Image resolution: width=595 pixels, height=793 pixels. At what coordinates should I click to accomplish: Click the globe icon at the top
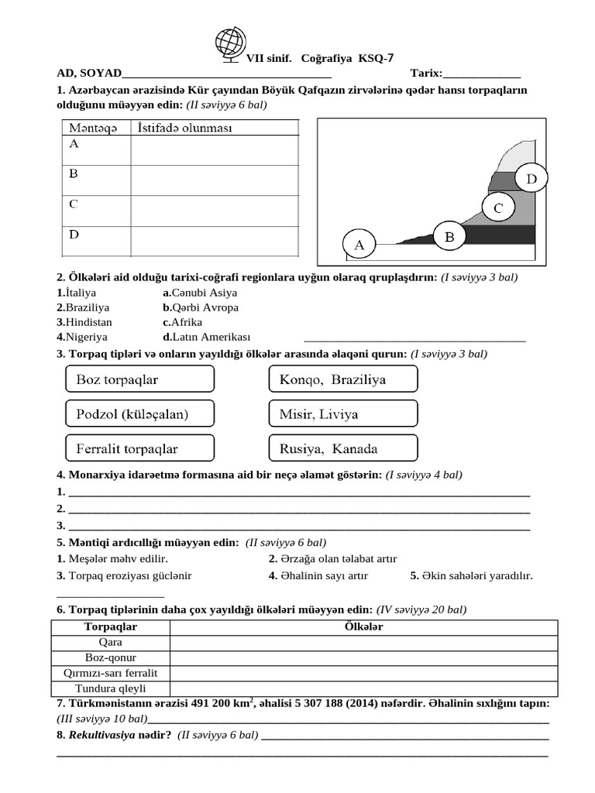pyautogui.click(x=229, y=46)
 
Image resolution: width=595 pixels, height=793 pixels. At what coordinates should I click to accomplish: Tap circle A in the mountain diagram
pyautogui.click(x=359, y=245)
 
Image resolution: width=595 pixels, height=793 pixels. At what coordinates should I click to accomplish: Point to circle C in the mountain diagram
pyautogui.click(x=498, y=208)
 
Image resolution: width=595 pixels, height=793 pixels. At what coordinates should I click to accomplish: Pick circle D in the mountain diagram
pyautogui.click(x=531, y=180)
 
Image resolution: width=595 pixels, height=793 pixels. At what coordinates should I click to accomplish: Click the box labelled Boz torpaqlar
pyautogui.click(x=137, y=379)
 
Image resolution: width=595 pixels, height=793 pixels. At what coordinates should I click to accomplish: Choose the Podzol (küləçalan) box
pyautogui.click(x=137, y=414)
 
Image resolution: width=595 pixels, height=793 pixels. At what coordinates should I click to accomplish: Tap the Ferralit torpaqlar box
pyautogui.click(x=137, y=448)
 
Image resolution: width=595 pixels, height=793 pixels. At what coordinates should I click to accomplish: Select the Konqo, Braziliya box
pyautogui.click(x=342, y=379)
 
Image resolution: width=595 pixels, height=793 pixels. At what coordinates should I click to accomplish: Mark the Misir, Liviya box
pyautogui.click(x=342, y=414)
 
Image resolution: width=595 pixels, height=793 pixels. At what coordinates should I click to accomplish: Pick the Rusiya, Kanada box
pyautogui.click(x=342, y=448)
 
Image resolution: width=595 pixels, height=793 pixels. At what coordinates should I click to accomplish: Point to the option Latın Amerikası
pyautogui.click(x=210, y=337)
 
